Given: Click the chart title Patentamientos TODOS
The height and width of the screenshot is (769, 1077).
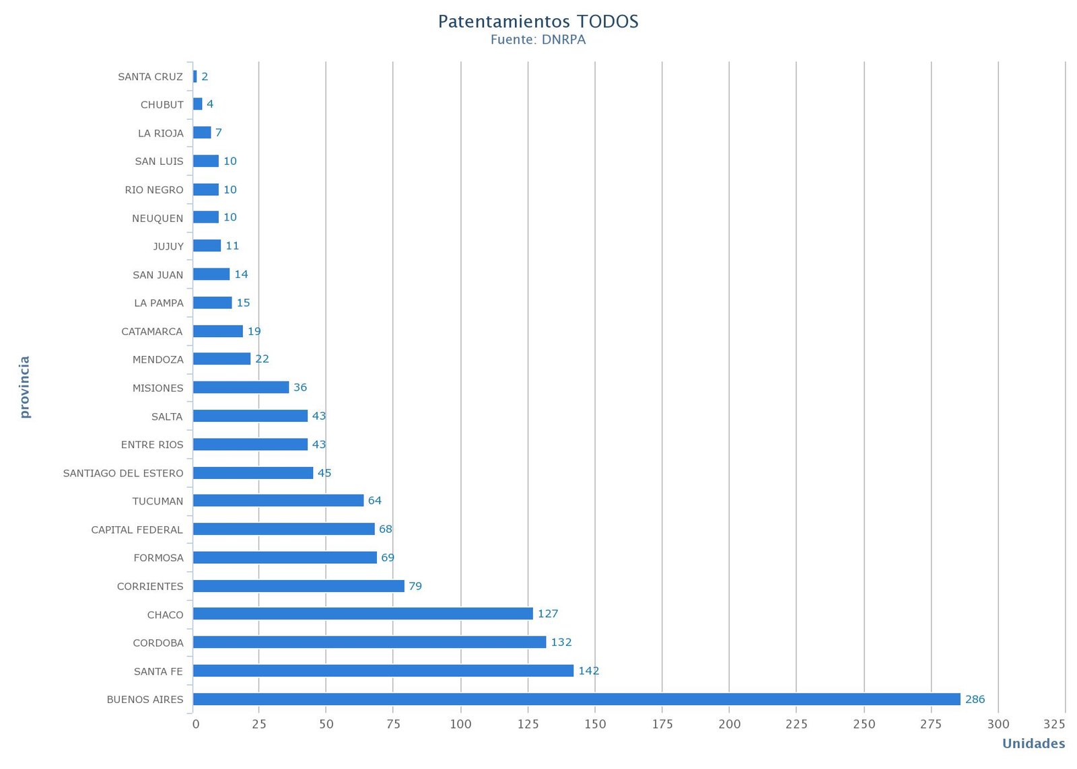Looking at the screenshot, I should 538,22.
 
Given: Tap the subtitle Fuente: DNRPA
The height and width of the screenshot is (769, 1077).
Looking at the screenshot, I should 538,40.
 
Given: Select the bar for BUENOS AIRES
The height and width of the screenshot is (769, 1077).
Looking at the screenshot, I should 576,699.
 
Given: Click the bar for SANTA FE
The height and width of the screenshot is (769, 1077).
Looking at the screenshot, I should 383,671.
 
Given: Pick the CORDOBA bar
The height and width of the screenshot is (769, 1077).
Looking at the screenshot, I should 370,643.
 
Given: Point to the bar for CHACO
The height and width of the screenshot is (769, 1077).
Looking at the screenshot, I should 363,614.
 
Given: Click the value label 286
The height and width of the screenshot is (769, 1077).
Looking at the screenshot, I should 975,699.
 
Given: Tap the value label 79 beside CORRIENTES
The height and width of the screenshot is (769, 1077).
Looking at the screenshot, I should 415,586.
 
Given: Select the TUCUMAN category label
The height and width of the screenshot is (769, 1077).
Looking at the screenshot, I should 158,501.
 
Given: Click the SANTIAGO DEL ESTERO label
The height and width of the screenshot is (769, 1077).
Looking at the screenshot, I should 123,473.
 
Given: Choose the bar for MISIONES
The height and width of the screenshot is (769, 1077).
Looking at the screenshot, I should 241,388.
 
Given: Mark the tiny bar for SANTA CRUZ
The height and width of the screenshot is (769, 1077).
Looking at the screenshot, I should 195,77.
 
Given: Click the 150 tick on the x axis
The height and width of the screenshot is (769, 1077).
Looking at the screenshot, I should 595,724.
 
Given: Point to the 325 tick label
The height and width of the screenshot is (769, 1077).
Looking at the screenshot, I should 1054,724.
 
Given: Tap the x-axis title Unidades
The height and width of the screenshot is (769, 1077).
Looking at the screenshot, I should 1033,743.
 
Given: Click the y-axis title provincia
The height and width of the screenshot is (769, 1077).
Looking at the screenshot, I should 24,387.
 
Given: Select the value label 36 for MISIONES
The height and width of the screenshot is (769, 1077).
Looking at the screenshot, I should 300,388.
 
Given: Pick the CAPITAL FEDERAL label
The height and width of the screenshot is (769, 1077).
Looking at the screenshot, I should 137,529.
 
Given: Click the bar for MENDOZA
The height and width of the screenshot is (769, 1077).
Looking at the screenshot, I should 221,359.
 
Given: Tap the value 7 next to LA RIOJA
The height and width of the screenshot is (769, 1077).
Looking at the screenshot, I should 219,133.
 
